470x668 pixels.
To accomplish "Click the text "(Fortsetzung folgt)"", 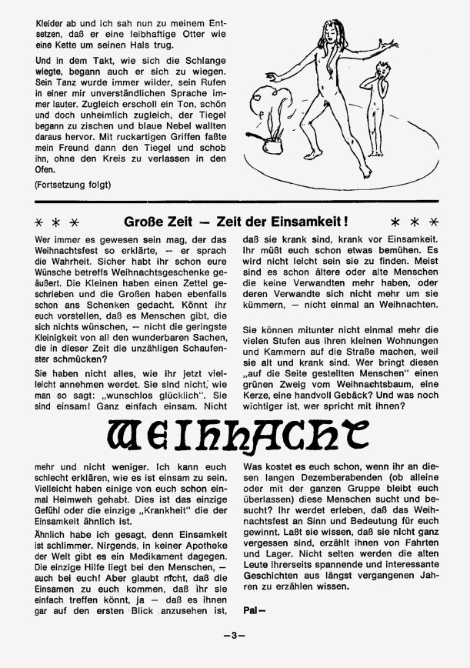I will (72, 185).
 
